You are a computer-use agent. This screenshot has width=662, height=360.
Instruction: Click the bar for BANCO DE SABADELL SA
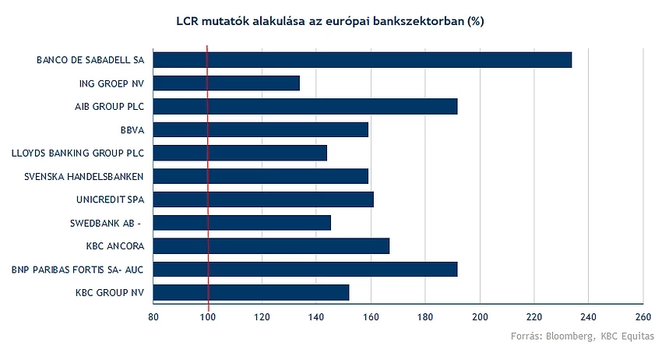(x=362, y=60)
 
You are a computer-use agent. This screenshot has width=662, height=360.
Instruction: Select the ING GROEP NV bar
(x=227, y=83)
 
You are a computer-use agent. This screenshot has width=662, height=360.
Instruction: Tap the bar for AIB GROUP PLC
(x=305, y=107)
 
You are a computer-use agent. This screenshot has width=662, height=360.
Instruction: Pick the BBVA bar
(x=260, y=129)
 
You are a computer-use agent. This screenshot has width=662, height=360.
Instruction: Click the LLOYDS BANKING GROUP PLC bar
(x=240, y=153)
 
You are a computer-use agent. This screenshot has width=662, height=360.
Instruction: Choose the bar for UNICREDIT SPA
(x=263, y=199)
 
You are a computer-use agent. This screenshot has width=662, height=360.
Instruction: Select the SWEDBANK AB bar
(x=242, y=223)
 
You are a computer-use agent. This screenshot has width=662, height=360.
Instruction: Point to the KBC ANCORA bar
(x=271, y=246)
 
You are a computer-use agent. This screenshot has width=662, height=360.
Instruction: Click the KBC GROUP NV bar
(x=252, y=292)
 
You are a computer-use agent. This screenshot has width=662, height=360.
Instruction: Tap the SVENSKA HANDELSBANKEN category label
(x=83, y=177)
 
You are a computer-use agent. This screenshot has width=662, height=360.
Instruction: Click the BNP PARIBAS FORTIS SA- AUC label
(x=77, y=270)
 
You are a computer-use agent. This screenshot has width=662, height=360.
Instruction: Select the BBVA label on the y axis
(x=132, y=130)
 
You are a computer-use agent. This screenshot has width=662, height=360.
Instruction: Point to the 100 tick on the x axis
(x=208, y=317)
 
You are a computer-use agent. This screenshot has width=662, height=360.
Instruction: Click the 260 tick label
(x=643, y=317)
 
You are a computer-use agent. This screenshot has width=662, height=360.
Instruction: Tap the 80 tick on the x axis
(x=153, y=317)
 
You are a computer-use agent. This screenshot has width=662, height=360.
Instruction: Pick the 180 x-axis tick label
(x=425, y=317)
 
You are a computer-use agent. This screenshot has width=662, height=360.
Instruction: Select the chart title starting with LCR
(x=330, y=21)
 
